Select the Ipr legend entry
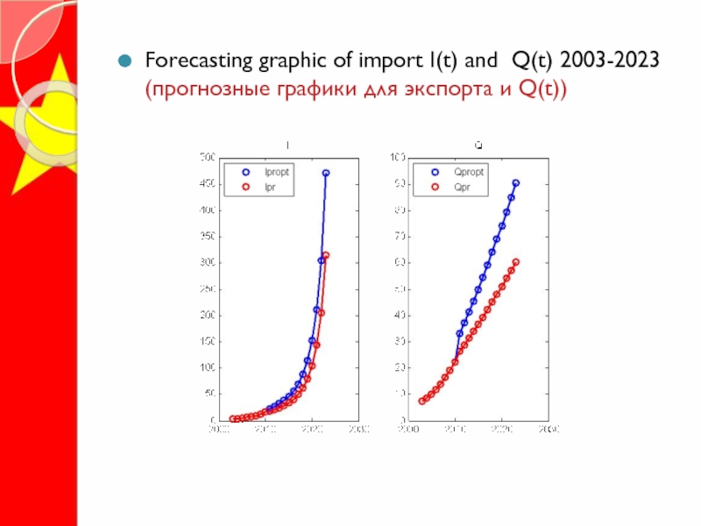266,186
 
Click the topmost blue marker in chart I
326,174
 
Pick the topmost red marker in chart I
326,255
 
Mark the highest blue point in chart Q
516,183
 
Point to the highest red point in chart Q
516,262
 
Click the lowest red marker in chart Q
421,402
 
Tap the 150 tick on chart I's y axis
206,341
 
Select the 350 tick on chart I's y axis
206,237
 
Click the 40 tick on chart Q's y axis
399,315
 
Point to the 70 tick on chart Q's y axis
399,237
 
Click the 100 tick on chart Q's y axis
397,158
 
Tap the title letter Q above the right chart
478,144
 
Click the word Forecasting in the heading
192,61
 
